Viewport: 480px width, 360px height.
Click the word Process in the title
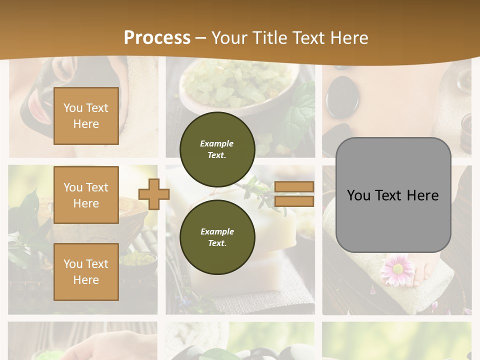coord(157,37)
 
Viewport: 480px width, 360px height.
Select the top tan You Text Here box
coord(86,116)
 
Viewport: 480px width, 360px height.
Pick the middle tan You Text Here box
coord(86,195)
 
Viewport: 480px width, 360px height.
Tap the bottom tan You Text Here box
coord(86,271)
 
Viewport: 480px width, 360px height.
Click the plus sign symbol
coord(154,194)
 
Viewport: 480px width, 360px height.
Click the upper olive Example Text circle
coord(217,149)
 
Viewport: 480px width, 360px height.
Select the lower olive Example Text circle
coord(217,237)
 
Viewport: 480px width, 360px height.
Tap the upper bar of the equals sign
coord(294,187)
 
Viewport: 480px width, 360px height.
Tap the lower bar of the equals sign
coord(294,201)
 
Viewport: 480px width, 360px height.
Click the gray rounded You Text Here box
coord(393,195)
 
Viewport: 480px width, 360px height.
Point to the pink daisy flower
coord(397,268)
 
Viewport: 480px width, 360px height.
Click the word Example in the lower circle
coord(217,231)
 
